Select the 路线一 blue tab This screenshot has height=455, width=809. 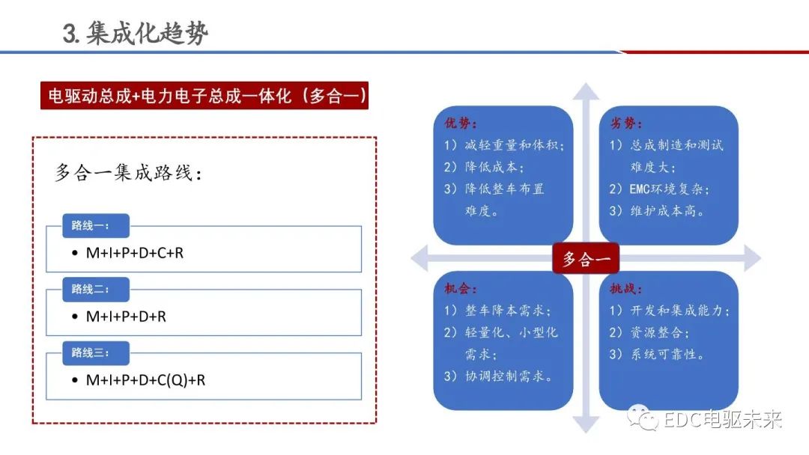(x=95, y=226)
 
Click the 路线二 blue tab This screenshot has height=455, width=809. (x=95, y=289)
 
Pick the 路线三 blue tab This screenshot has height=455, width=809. (x=95, y=353)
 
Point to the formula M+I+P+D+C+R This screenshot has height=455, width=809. (x=135, y=253)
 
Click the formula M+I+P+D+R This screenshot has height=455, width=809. (x=126, y=317)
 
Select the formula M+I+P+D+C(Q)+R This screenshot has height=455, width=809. (x=145, y=380)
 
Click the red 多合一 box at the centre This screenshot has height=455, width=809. (x=586, y=258)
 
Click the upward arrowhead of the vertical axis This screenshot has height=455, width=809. (x=586, y=91)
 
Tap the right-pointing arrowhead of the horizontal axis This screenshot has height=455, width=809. (x=753, y=258)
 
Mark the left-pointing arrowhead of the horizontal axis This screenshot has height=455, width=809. (x=419, y=258)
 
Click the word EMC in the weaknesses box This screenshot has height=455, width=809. (x=639, y=189)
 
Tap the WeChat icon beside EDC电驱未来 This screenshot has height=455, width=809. (x=643, y=418)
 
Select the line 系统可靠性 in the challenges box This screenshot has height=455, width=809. (x=657, y=355)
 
